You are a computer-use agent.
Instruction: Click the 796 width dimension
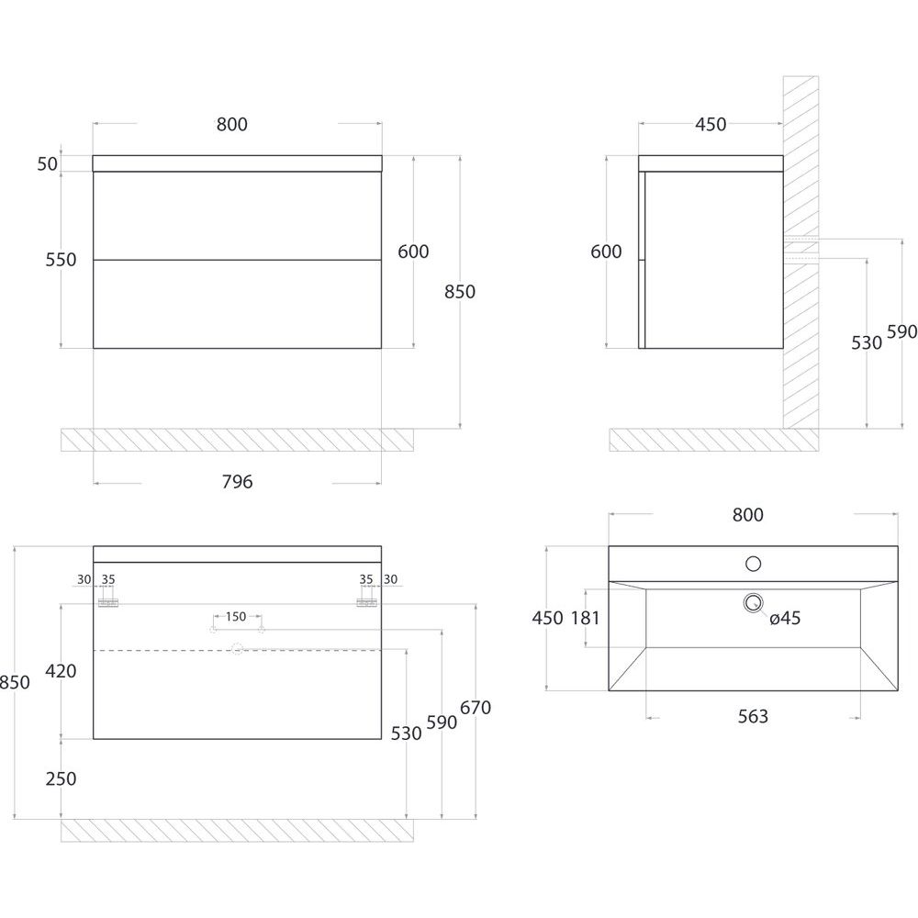pyautogui.click(x=237, y=482)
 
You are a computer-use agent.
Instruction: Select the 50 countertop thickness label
pyautogui.click(x=48, y=164)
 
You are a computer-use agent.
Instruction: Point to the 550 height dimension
pyautogui.click(x=61, y=260)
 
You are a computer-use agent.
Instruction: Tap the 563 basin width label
pyautogui.click(x=753, y=716)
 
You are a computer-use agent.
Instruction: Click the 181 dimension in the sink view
pyautogui.click(x=586, y=618)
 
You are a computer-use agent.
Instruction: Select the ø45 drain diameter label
pyautogui.click(x=785, y=618)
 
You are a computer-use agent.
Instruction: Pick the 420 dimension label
pyautogui.click(x=61, y=671)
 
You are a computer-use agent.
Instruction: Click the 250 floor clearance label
pyautogui.click(x=61, y=778)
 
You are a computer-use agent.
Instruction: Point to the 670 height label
pyautogui.click(x=476, y=708)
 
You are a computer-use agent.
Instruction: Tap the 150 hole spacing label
pyautogui.click(x=236, y=617)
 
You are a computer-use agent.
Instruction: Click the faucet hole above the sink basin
pyautogui.click(x=753, y=564)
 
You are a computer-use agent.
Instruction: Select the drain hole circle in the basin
pyautogui.click(x=753, y=602)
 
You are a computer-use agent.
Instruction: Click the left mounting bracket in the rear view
pyautogui.click(x=108, y=603)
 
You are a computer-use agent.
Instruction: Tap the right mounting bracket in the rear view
pyautogui.click(x=367, y=603)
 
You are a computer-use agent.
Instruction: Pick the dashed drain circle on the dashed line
pyautogui.click(x=237, y=649)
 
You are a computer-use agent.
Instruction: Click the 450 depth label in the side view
pyautogui.click(x=711, y=124)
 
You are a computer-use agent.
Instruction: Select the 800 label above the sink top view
pyautogui.click(x=747, y=515)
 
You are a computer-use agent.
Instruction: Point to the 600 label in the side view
pyautogui.click(x=606, y=252)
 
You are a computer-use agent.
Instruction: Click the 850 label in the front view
pyautogui.click(x=460, y=292)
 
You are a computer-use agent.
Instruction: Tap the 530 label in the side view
pyautogui.click(x=867, y=342)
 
